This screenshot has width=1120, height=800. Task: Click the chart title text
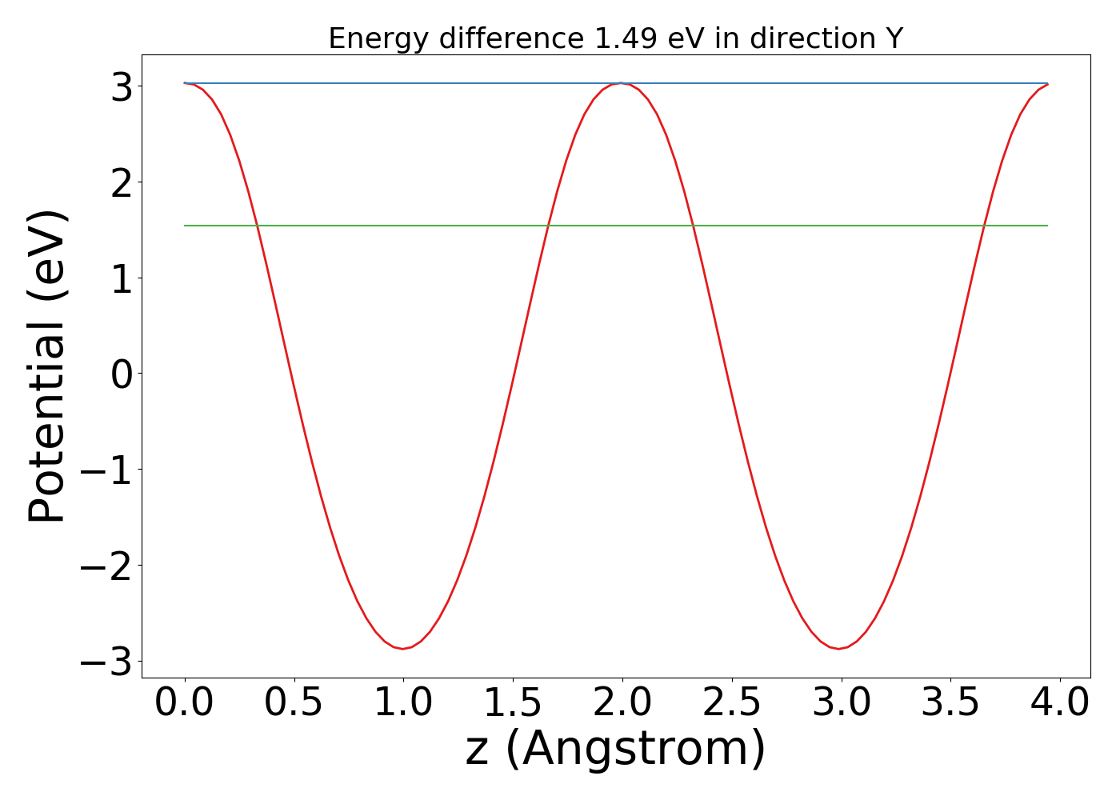tap(615, 38)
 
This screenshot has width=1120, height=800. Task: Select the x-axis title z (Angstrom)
tap(615, 749)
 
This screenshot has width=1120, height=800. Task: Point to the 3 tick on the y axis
tap(122, 87)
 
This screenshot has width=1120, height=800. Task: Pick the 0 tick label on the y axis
tap(122, 374)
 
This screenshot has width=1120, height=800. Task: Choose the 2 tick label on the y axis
tap(122, 183)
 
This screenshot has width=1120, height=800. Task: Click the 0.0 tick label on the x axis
tap(185, 702)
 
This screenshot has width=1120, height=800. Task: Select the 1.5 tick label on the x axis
tap(513, 702)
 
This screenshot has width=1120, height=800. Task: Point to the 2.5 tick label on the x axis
tap(732, 702)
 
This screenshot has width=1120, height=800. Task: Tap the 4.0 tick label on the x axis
tap(1059, 702)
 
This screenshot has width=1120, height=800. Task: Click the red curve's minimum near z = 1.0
tap(403, 648)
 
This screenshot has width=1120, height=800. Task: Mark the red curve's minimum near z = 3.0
tap(839, 648)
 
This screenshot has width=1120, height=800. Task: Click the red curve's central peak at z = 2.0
tap(621, 83)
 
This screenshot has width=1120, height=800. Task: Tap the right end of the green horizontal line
tap(1046, 226)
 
